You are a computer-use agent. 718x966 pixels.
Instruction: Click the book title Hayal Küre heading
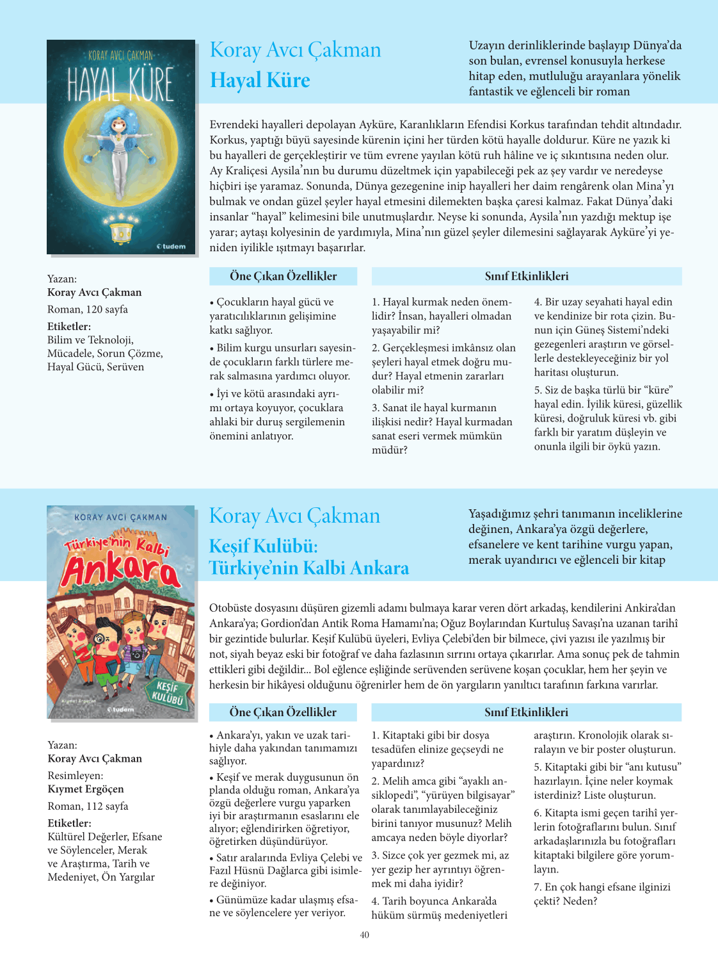pyautogui.click(x=260, y=81)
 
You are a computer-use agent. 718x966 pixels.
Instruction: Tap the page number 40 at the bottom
pyautogui.click(x=364, y=935)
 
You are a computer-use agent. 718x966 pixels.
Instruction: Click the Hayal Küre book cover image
pyautogui.click(x=121, y=147)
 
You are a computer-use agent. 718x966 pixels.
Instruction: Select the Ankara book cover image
pyautogui.click(x=121, y=612)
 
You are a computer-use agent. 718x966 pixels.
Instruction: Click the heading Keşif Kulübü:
pyautogui.click(x=264, y=546)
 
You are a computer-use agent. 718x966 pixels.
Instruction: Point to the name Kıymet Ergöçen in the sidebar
pyautogui.click(x=86, y=789)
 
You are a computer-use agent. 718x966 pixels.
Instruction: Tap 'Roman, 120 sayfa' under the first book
pyautogui.click(x=88, y=309)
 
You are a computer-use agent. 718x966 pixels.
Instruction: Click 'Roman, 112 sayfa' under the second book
pyautogui.click(x=88, y=806)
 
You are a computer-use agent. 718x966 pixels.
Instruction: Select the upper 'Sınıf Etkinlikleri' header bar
pyautogui.click(x=526, y=276)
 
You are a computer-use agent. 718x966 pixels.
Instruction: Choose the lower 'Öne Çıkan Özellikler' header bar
pyautogui.click(x=283, y=712)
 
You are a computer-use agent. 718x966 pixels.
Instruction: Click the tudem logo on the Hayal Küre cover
pyautogui.click(x=172, y=246)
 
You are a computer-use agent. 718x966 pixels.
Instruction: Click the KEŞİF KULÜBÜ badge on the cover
pyautogui.click(x=166, y=694)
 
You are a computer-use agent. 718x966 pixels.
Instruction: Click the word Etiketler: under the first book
pyautogui.click(x=69, y=326)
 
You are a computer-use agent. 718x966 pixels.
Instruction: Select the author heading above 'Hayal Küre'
pyautogui.click(x=295, y=50)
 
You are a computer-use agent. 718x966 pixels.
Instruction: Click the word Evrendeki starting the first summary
pyautogui.click(x=234, y=125)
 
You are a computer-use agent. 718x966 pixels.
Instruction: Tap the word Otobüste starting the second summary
pyautogui.click(x=231, y=608)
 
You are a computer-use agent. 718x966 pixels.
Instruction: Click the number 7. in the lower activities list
pyautogui.click(x=538, y=887)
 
